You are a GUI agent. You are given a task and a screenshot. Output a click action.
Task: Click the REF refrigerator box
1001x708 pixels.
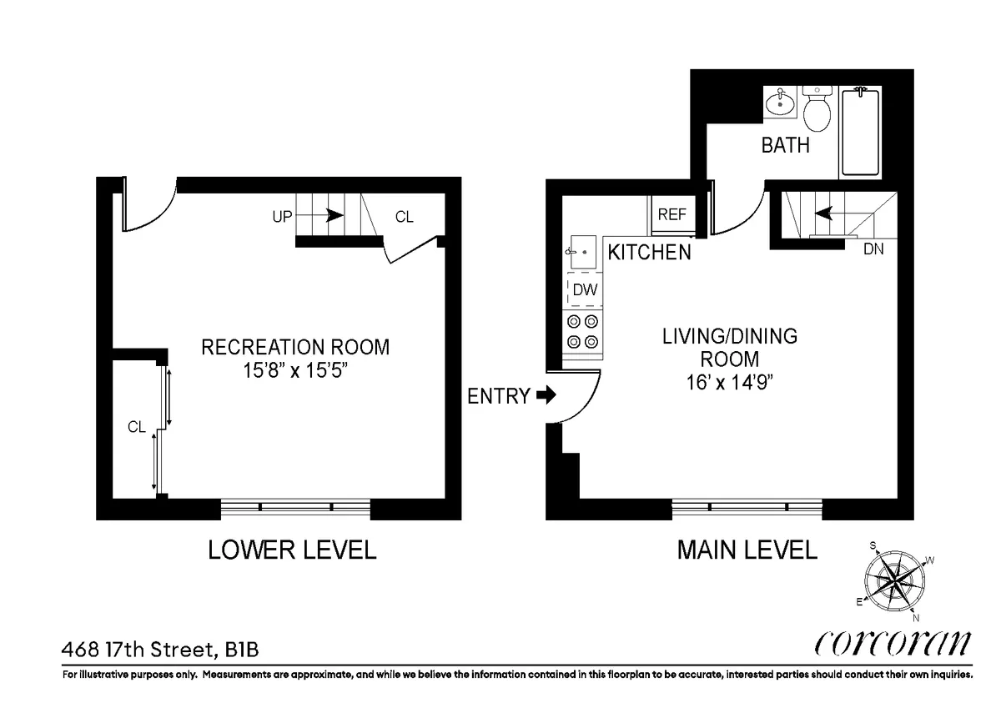click(672, 214)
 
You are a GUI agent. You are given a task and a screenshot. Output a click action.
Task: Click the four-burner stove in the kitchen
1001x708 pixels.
click(582, 331)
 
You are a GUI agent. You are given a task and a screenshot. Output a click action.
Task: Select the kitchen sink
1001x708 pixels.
click(581, 251)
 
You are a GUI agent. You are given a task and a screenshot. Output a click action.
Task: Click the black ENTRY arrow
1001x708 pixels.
click(546, 395)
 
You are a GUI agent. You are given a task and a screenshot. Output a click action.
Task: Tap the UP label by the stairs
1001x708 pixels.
click(282, 217)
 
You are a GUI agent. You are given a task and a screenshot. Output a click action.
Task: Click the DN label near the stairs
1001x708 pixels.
click(873, 249)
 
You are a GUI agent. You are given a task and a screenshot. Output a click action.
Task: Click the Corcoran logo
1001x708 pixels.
click(893, 644)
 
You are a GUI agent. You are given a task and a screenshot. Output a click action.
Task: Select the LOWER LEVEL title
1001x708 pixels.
click(292, 550)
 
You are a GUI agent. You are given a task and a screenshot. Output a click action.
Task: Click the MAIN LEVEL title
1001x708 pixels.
click(747, 550)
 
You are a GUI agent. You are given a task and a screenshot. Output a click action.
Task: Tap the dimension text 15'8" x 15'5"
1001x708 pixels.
click(295, 370)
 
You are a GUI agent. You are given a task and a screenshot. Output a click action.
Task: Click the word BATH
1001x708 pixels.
click(785, 145)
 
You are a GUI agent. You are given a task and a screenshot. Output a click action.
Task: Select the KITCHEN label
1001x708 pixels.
click(649, 252)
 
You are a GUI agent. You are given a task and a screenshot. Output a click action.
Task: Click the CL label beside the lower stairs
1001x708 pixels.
click(404, 217)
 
